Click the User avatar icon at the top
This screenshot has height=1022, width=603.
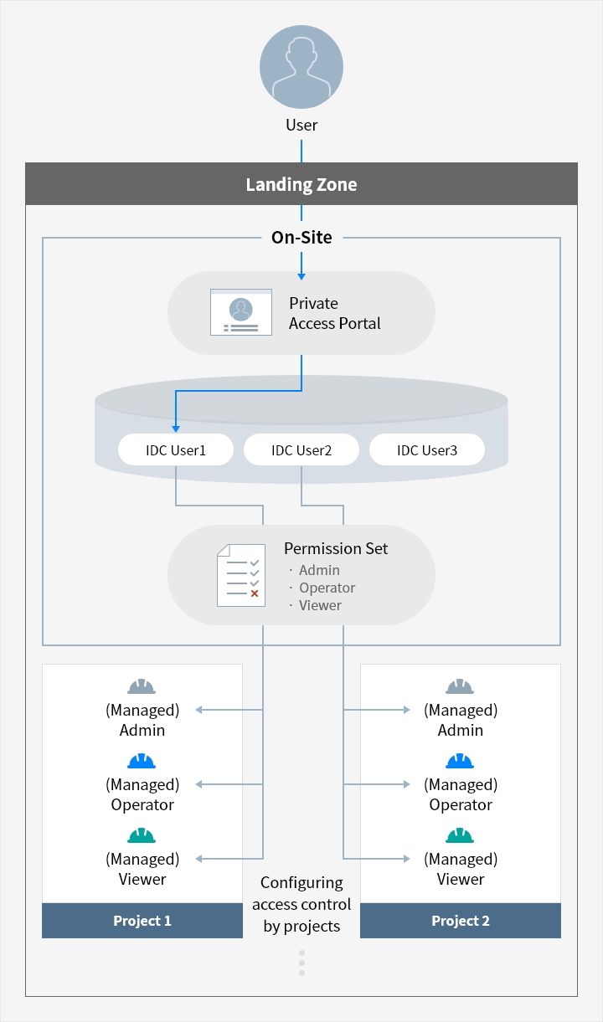click(x=301, y=67)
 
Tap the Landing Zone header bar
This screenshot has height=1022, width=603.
click(x=301, y=183)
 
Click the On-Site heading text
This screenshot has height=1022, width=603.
click(x=301, y=237)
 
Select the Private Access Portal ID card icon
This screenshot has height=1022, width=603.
click(x=241, y=312)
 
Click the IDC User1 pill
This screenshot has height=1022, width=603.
click(x=176, y=449)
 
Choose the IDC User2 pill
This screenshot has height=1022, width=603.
click(x=301, y=449)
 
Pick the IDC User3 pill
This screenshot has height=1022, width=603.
click(x=427, y=449)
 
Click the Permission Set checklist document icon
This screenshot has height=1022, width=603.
click(x=241, y=575)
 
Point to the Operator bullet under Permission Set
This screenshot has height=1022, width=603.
click(x=322, y=588)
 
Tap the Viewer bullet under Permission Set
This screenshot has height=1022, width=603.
click(x=316, y=605)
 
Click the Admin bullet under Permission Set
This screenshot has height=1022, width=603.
click(x=315, y=570)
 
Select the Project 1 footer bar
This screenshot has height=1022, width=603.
click(x=142, y=920)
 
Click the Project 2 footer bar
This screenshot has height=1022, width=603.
click(x=461, y=920)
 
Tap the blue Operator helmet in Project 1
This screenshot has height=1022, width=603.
click(x=142, y=761)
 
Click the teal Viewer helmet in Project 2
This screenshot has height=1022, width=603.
click(x=460, y=835)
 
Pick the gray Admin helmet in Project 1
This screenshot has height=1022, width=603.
click(x=142, y=686)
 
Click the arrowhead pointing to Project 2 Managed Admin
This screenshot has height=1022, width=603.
click(x=407, y=710)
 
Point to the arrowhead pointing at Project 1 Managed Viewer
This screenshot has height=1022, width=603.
click(x=199, y=859)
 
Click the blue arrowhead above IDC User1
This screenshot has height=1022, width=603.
click(x=176, y=429)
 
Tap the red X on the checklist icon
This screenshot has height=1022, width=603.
click(x=255, y=593)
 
